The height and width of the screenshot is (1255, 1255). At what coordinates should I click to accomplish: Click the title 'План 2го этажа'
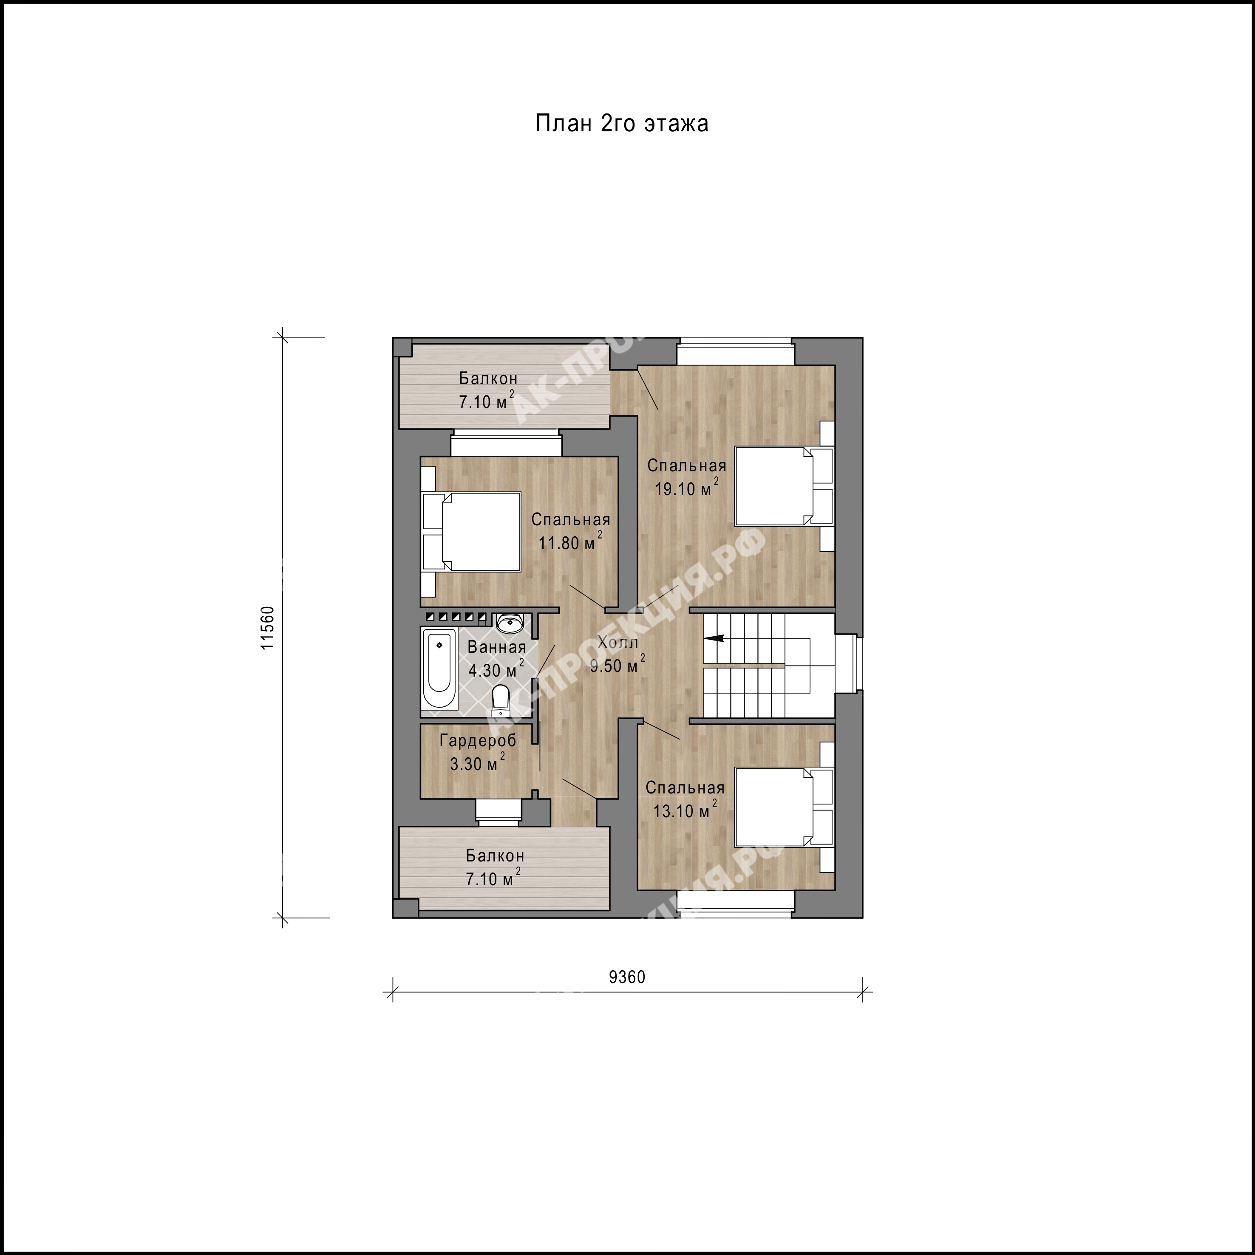click(x=622, y=123)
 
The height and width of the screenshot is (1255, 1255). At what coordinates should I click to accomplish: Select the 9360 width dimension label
click(x=627, y=995)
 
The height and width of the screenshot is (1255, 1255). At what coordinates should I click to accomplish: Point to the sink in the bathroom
click(x=510, y=623)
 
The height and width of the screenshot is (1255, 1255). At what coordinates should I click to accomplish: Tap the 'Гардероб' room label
click(x=478, y=740)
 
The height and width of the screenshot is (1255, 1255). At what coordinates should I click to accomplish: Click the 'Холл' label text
click(x=618, y=643)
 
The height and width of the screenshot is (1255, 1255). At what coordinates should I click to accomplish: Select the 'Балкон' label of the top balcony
click(x=488, y=378)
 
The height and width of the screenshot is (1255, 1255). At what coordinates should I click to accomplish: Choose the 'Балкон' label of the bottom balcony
click(x=495, y=856)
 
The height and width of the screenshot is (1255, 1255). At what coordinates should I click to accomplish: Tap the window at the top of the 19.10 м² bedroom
click(x=735, y=352)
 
